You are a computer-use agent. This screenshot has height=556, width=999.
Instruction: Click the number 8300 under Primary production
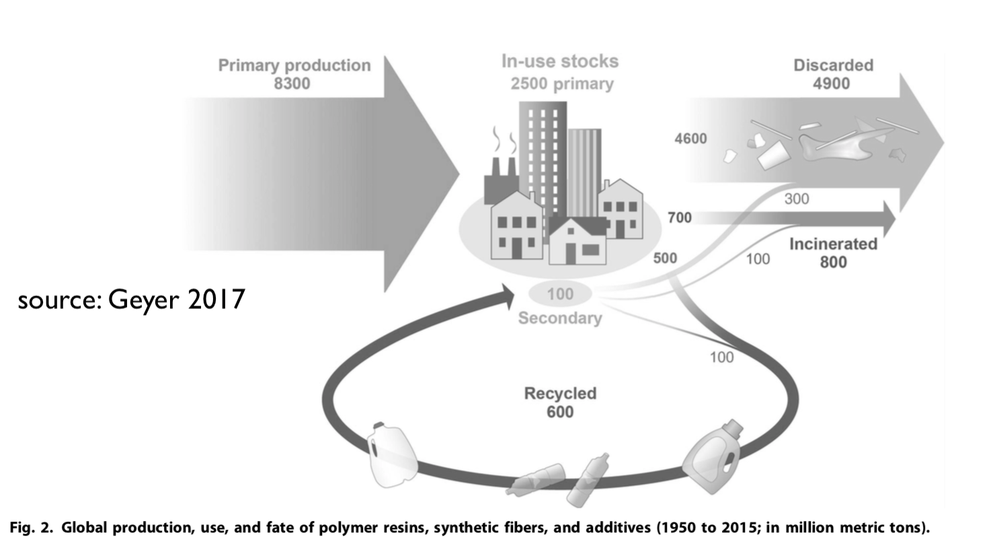coord(292,83)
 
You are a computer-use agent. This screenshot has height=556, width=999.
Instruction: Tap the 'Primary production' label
coord(294,65)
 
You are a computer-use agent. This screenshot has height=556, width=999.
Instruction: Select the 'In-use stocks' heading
coord(560,61)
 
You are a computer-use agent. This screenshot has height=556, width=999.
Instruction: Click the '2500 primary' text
coord(562,84)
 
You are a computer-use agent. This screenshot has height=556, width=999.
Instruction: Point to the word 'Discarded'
coord(833,65)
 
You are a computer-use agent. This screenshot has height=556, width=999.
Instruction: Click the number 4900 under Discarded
coord(832,83)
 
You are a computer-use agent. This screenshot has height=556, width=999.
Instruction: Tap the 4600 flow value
coord(690,139)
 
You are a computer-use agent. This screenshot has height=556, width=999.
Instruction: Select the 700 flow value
coord(680,217)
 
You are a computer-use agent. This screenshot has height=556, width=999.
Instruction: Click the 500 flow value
coord(665,258)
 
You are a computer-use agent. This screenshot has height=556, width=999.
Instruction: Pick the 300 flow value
coord(797,199)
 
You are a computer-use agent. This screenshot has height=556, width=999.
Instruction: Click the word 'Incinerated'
coord(833,244)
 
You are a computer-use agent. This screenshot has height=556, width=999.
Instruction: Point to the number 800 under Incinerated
coord(833,262)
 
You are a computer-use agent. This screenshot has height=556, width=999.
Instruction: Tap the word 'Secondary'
coord(560,318)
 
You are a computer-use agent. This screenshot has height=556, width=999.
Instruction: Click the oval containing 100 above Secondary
coord(560,294)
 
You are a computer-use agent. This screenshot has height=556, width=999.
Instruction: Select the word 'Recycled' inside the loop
coord(560,393)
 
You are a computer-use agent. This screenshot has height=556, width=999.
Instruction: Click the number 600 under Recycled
coord(560,412)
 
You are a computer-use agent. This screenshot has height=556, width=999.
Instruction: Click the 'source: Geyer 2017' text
coord(131,300)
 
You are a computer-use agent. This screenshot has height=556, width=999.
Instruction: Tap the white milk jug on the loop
coord(391,455)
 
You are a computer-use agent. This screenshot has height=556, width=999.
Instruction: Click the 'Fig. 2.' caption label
coord(31,528)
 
